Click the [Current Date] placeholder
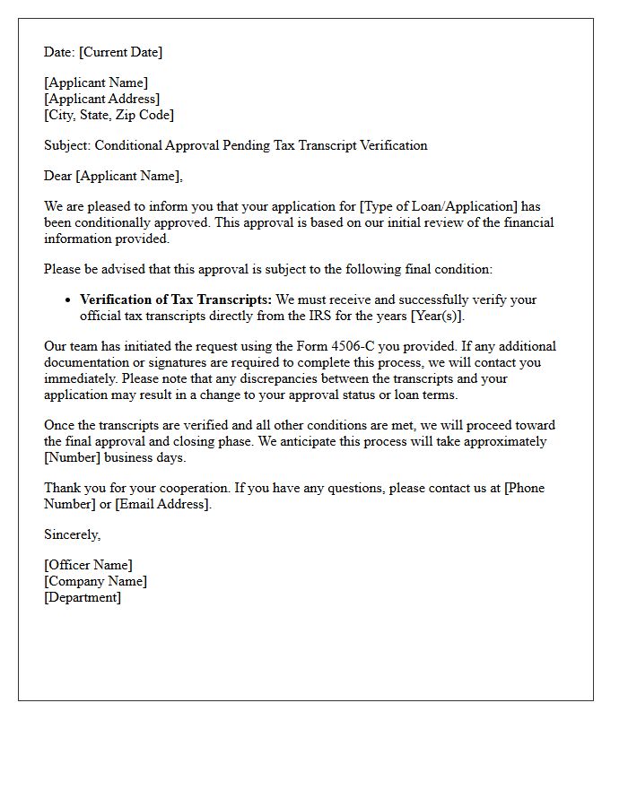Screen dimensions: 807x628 [121, 52]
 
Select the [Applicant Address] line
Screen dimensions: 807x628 [102, 99]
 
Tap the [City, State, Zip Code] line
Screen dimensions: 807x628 [109, 115]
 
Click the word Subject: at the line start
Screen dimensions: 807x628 [67, 145]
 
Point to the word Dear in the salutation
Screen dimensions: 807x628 [58, 176]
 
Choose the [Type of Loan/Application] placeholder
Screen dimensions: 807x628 [439, 206]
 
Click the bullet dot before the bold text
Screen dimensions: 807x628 [69, 300]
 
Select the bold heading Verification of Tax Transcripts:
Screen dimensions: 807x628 [176, 299]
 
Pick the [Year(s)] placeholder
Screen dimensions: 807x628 [437, 316]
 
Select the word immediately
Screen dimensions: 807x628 [76, 378]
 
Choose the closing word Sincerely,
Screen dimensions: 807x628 [73, 534]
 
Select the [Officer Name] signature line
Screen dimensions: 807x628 [88, 565]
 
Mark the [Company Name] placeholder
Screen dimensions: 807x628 [96, 581]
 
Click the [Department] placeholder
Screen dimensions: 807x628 [83, 597]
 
